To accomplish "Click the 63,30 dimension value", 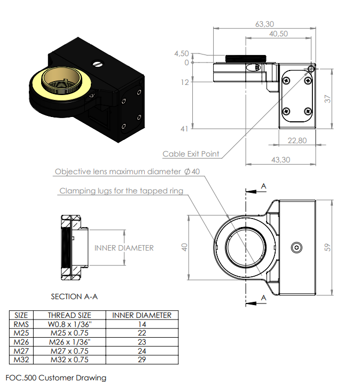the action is (264, 24).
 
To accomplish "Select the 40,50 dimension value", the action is (278, 34).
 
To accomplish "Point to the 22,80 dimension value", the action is (297, 141).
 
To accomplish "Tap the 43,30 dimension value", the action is (281, 160).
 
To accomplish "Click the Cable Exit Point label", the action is (191, 154).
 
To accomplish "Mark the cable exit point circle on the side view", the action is (311, 69).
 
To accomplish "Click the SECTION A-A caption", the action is (74, 297).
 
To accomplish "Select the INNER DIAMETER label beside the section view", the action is (124, 248).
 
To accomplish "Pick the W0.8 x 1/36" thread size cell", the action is (69, 324).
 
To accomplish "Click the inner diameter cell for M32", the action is (142, 360).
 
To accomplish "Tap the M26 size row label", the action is (21, 342).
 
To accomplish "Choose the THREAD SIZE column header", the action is (69, 315).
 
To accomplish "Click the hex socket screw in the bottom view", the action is (296, 247).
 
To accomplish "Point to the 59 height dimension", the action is (328, 247).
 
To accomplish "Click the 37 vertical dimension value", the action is (328, 99).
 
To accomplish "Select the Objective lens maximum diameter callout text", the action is (127, 171).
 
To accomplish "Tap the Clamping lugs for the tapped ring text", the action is (121, 191).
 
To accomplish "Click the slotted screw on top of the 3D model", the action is (97, 64).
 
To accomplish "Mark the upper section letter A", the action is (263, 186).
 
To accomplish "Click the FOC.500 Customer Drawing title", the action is (56, 378).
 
